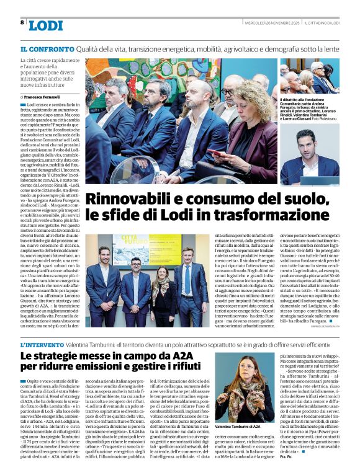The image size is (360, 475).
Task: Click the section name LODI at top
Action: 46,25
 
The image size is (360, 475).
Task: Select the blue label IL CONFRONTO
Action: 47,48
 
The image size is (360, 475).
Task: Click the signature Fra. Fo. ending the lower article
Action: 304,465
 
